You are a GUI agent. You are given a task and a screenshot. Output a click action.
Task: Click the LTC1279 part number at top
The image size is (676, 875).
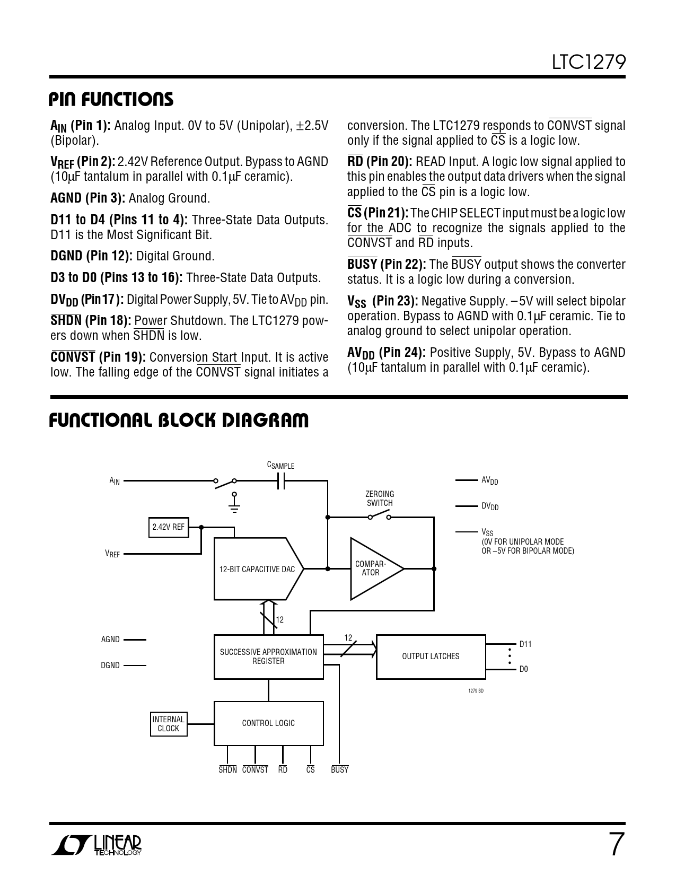point(589,63)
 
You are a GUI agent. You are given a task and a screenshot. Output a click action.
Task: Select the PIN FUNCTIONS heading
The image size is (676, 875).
point(111,99)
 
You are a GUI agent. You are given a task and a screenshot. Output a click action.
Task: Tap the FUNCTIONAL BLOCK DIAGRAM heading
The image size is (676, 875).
point(179,421)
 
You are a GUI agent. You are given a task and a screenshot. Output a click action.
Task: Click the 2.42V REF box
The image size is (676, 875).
point(168,527)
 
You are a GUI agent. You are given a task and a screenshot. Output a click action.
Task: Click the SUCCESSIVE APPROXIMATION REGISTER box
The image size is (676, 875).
point(268,657)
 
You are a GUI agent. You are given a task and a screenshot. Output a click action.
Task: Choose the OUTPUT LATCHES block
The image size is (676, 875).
point(431,657)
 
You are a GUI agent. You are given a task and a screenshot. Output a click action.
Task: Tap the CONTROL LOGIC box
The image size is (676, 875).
point(268,723)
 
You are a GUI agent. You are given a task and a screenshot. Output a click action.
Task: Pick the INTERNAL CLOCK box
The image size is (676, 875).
point(168,724)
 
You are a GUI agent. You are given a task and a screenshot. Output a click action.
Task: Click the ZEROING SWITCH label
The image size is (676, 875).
point(380,498)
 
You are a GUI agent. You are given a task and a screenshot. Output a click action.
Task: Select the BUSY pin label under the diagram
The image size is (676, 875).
point(339,769)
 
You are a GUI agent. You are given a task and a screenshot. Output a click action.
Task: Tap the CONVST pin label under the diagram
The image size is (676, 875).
point(255,769)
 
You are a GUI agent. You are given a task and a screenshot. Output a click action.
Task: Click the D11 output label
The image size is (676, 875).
point(525,644)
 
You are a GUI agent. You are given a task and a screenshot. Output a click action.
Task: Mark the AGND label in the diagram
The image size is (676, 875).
point(110,640)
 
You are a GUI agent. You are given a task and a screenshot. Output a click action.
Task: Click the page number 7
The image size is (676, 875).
point(614,845)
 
